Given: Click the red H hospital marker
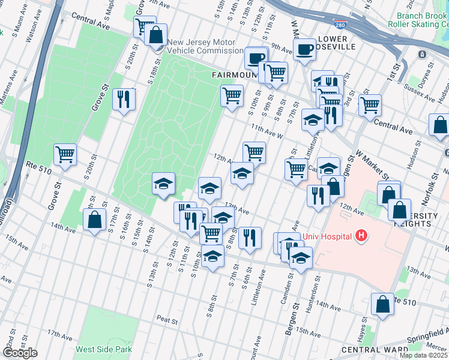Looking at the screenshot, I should tap(361, 235).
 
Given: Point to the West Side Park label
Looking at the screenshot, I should tap(103, 349).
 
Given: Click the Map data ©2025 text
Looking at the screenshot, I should tap(424, 355).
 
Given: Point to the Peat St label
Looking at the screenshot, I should tap(168, 322).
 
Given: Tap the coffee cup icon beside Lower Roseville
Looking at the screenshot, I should tap(305, 51).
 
